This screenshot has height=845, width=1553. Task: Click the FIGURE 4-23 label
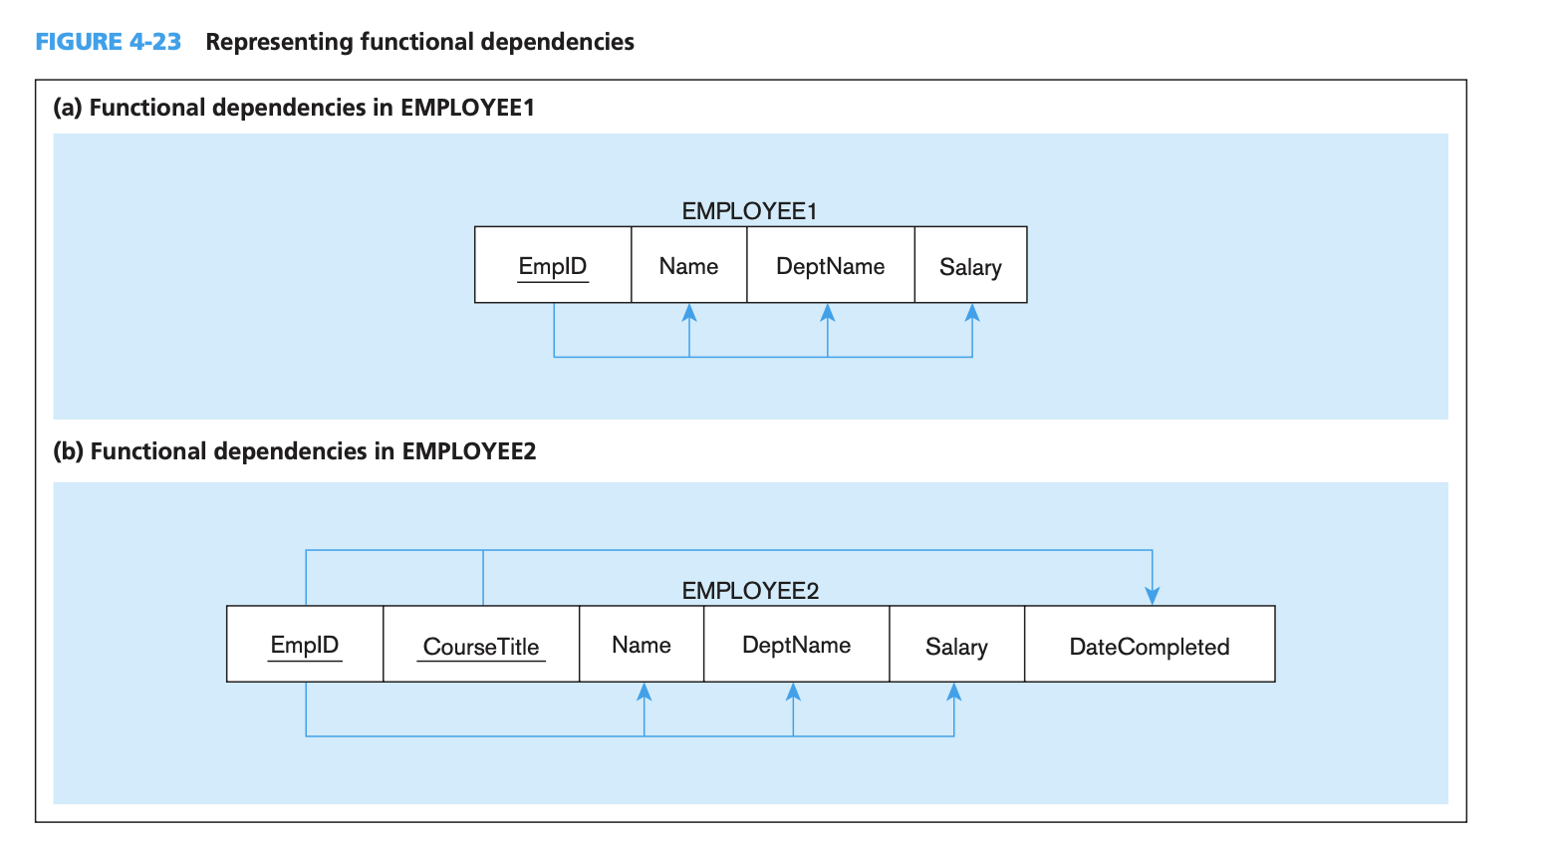(x=108, y=42)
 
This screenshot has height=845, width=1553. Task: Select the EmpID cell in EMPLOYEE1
(x=553, y=266)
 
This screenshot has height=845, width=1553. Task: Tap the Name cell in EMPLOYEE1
(x=688, y=266)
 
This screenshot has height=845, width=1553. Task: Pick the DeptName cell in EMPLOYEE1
(x=830, y=266)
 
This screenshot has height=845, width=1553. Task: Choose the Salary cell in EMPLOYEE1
(x=970, y=266)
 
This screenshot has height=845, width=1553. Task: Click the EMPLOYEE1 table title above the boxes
(x=749, y=211)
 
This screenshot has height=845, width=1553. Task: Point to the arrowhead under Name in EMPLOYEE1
(x=688, y=312)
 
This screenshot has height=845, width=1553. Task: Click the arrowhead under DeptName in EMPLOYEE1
(x=827, y=312)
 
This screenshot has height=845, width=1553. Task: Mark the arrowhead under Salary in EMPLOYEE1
(x=972, y=312)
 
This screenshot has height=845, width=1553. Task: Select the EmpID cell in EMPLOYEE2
(x=305, y=645)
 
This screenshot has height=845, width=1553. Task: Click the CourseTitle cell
(x=481, y=646)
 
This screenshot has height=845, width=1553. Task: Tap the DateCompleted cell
(x=1149, y=646)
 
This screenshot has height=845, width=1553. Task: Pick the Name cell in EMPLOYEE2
(x=642, y=645)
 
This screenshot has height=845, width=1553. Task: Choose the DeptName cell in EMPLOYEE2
(x=796, y=645)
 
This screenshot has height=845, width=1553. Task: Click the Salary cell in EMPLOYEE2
(x=956, y=646)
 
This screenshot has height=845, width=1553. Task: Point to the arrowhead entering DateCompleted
(x=1153, y=596)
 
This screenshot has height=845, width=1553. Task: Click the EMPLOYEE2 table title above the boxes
(x=750, y=591)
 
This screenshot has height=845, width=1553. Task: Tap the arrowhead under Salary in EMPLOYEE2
(x=953, y=692)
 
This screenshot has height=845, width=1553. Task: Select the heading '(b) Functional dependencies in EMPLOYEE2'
(x=295, y=451)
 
